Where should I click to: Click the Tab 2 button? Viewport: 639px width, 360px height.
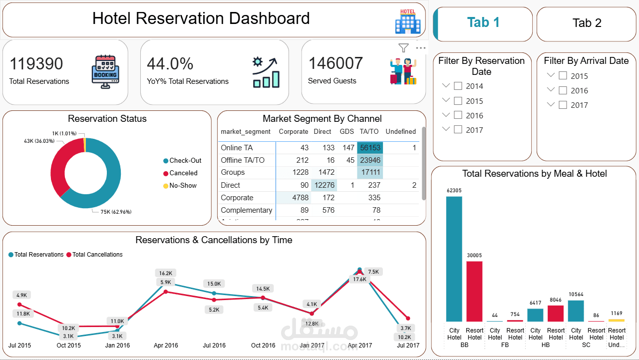pyautogui.click(x=587, y=23)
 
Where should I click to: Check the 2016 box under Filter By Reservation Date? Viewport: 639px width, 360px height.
pyautogui.click(x=458, y=115)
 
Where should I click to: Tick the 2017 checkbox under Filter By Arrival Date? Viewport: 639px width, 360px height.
pyautogui.click(x=563, y=105)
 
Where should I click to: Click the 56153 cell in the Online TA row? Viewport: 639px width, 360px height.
pyautogui.click(x=370, y=148)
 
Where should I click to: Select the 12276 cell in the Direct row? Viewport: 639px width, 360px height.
pyautogui.click(x=324, y=185)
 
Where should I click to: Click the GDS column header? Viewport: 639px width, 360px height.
pyautogui.click(x=346, y=132)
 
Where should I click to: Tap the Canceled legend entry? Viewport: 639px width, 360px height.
pyautogui.click(x=183, y=173)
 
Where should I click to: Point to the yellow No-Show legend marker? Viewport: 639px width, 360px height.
pyautogui.click(x=166, y=186)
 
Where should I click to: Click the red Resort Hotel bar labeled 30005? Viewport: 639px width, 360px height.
pyautogui.click(x=474, y=291)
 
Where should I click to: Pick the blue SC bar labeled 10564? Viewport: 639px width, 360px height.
pyautogui.click(x=576, y=311)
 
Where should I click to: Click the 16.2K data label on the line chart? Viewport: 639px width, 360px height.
pyautogui.click(x=166, y=273)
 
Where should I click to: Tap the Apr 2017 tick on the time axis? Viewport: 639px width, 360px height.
pyautogui.click(x=359, y=346)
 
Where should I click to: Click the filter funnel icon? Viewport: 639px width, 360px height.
pyautogui.click(x=403, y=48)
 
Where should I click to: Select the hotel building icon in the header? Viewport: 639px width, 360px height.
pyautogui.click(x=407, y=21)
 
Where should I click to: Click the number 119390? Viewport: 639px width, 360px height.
pyautogui.click(x=36, y=64)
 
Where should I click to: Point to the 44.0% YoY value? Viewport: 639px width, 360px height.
pyautogui.click(x=170, y=64)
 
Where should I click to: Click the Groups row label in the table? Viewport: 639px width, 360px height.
pyautogui.click(x=233, y=172)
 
